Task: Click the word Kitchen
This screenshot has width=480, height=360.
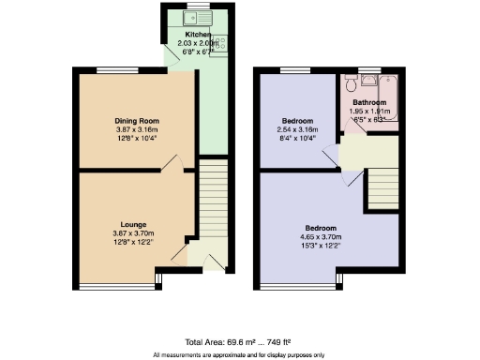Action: coord(185,35)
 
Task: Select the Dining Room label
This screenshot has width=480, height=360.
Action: coord(138,121)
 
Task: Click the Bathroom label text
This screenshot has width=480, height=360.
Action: coord(369,102)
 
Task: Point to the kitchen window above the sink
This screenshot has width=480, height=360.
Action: coord(199,7)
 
